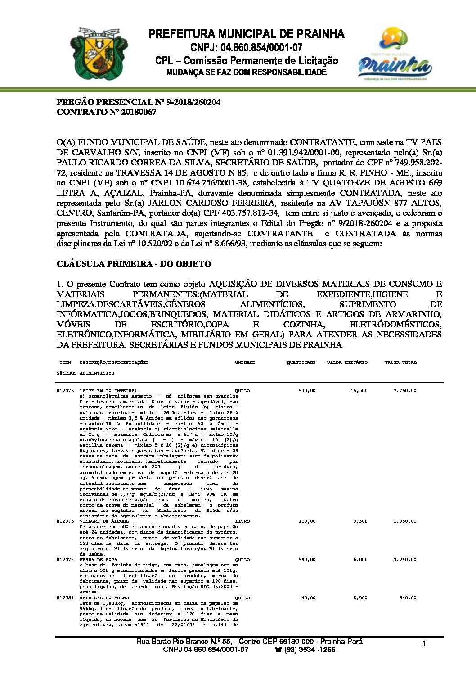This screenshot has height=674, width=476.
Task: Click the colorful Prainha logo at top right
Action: click(x=395, y=53)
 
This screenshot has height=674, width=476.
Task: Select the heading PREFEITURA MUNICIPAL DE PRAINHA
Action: click(x=246, y=34)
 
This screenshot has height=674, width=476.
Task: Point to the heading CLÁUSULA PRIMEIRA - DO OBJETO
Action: click(x=134, y=263)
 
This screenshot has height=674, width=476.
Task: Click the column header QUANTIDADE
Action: click(x=301, y=362)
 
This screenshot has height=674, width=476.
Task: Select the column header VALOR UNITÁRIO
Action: click(x=347, y=362)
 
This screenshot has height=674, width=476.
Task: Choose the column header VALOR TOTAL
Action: click(x=400, y=362)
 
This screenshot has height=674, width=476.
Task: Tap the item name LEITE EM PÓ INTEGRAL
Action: click(x=108, y=391)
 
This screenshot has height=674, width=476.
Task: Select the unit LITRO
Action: click(x=242, y=521)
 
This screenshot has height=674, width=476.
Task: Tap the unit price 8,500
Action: click(x=360, y=598)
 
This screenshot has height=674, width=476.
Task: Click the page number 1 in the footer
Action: click(x=424, y=644)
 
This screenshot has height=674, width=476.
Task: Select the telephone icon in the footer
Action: click(x=278, y=650)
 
